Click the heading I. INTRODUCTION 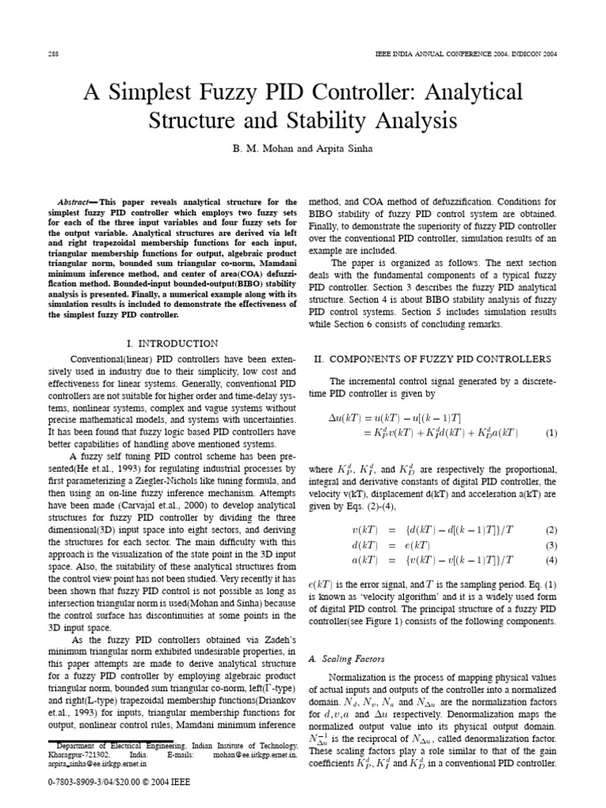(172, 344)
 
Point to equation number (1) (550, 433)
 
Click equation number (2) (550, 508)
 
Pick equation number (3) (550, 523)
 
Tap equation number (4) (550, 538)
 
